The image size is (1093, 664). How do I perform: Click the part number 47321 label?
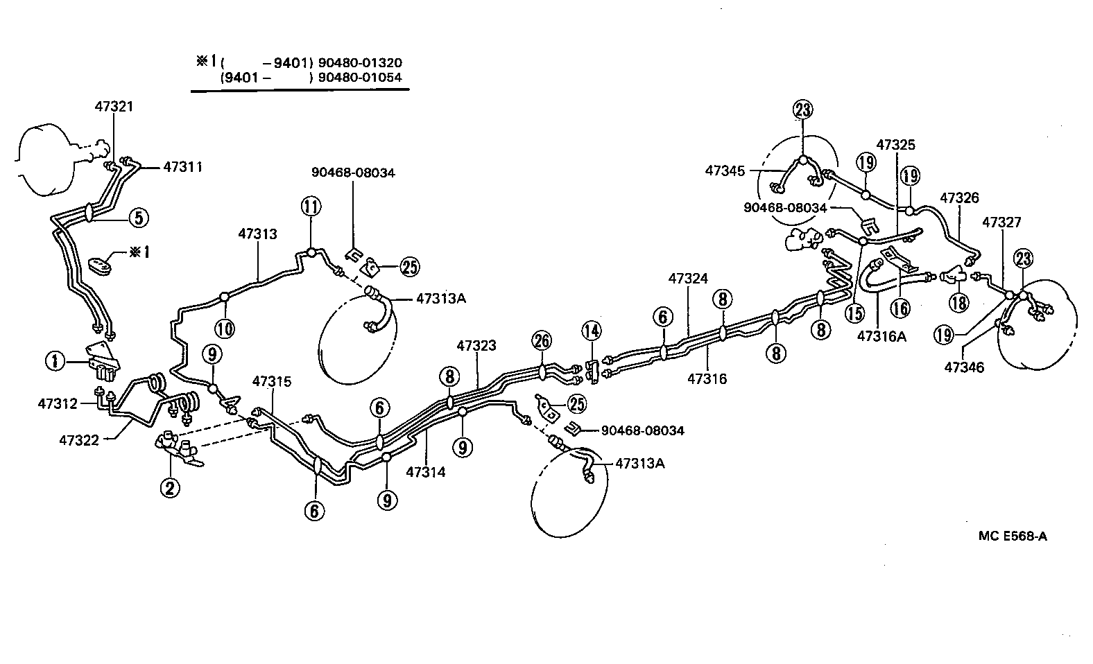114,106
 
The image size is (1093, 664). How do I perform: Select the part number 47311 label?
183,167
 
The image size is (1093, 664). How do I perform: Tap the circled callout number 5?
138,218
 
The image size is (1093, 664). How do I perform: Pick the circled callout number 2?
169,488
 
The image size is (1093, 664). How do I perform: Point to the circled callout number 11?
311,207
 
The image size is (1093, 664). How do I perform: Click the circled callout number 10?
225,327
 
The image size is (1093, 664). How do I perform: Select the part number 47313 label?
257,234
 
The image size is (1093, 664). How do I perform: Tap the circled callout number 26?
542,340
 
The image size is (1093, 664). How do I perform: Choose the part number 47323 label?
476,345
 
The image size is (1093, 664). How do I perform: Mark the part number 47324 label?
688,279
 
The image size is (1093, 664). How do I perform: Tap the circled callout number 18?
960,302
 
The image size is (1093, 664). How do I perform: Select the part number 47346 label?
964,367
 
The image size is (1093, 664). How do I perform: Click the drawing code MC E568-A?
1013,536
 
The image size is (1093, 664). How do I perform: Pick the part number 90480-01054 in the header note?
359,77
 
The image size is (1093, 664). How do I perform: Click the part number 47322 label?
79,439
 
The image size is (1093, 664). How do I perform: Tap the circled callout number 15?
854,313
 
